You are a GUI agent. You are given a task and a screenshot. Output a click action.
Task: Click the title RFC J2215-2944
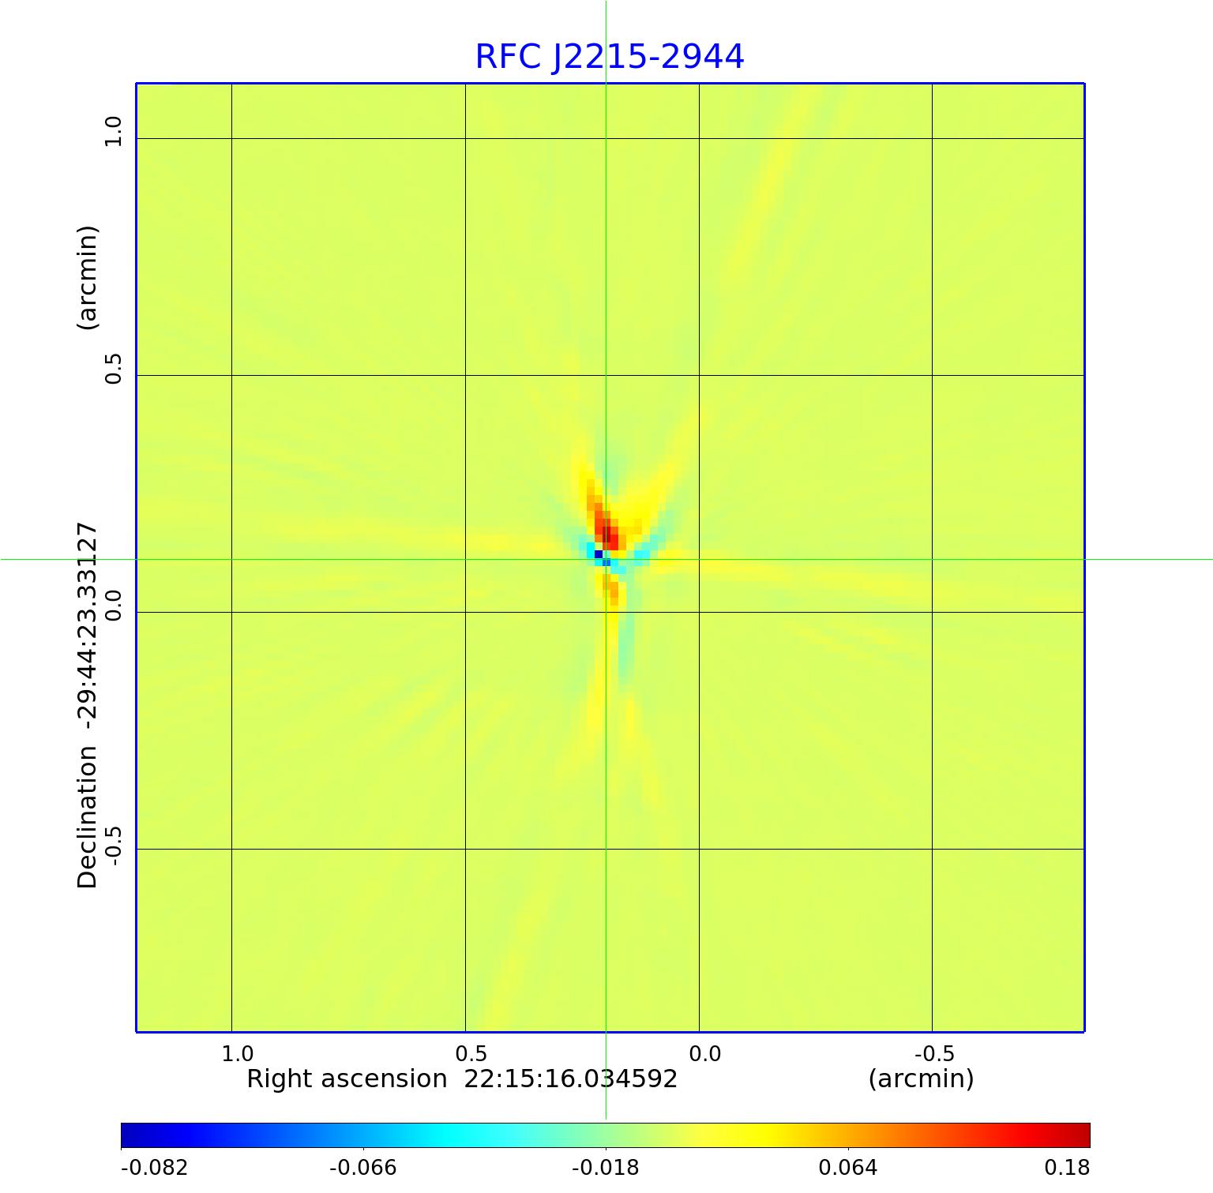coord(609,57)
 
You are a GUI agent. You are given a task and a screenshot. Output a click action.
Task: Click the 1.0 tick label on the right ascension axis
coord(237,1054)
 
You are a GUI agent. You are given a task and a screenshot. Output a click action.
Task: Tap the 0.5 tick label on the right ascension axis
coord(471,1054)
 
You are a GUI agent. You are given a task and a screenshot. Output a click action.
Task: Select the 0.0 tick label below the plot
coord(704,1054)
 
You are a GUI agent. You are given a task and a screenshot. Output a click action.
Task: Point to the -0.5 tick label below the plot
coord(934,1054)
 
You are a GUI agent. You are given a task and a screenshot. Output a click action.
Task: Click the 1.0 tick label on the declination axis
coord(114,131)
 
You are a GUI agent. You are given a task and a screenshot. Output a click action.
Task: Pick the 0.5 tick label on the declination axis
coord(114,369)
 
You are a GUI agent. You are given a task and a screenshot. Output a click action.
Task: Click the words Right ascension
coord(347,1079)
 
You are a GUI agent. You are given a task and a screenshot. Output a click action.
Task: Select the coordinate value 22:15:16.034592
coord(570,1079)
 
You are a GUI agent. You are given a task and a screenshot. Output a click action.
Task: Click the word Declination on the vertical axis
coord(87,817)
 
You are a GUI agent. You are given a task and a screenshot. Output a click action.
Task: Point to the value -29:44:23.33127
coord(87,625)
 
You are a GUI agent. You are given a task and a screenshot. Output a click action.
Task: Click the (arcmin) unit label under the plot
coord(921,1079)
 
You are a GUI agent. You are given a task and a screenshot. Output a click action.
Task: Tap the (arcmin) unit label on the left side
coord(87,278)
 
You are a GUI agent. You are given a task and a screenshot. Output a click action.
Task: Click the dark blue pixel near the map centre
coord(599,554)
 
